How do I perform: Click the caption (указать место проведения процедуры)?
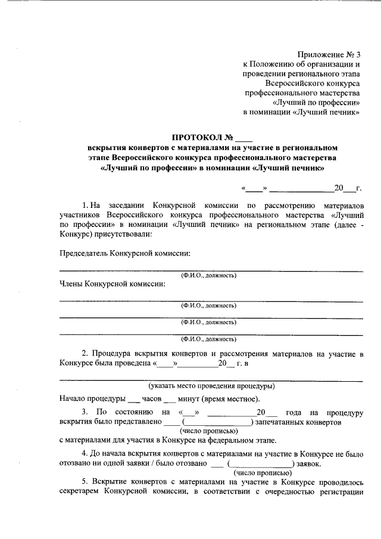click(x=211, y=385)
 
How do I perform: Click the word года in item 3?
click(x=296, y=412)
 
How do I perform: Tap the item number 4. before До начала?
click(x=85, y=453)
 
